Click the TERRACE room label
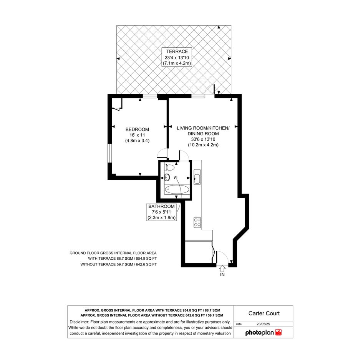177,51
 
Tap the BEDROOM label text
137,129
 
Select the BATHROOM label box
161,212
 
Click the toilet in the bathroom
169,167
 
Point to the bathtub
176,190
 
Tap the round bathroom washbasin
167,177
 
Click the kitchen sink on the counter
197,177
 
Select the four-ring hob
197,222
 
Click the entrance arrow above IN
222,269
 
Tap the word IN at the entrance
222,275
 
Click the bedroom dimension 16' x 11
137,135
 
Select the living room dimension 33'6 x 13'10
203,139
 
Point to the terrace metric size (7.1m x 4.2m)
177,63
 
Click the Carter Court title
264,313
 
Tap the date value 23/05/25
263,324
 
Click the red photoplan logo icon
278,332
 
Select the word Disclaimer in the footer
79,322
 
